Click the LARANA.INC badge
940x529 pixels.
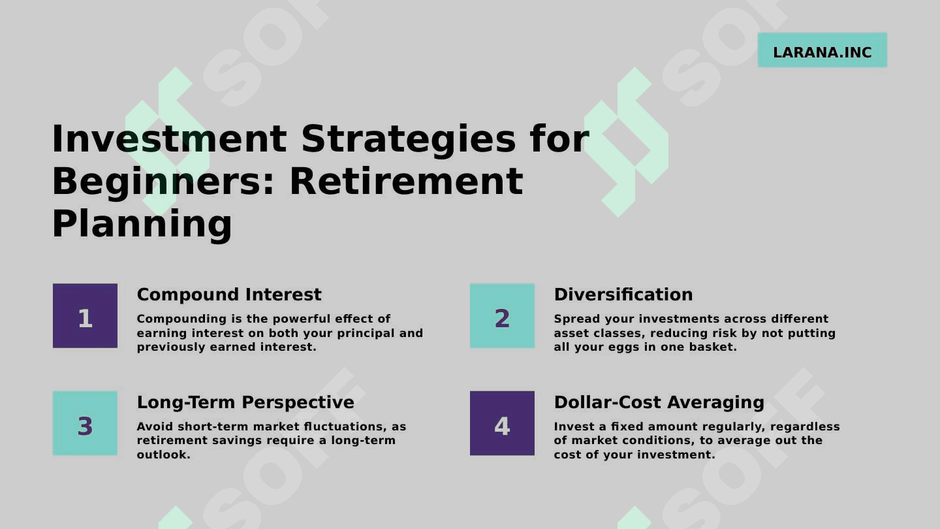(822, 50)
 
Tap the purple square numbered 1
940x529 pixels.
(85, 315)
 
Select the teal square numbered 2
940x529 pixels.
(503, 315)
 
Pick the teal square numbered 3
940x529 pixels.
(85, 423)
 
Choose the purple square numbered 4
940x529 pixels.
(503, 423)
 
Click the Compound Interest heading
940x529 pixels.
(229, 295)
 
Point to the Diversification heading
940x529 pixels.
(623, 295)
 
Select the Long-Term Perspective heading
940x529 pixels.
(245, 402)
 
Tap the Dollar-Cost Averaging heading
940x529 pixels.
(659, 402)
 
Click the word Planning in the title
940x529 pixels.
(142, 224)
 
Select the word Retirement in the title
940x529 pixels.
(406, 182)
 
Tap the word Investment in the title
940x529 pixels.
(169, 139)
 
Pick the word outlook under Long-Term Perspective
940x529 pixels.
(164, 455)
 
